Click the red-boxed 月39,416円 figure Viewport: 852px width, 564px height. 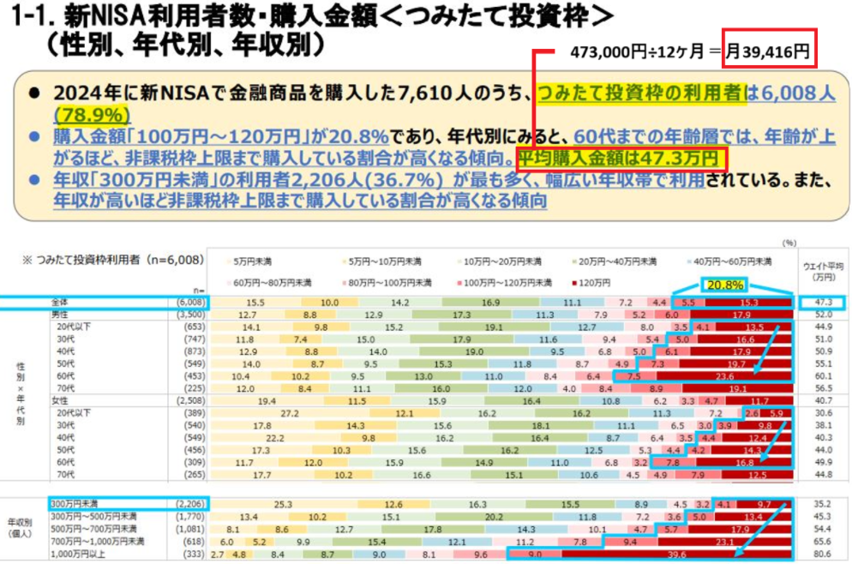(x=769, y=50)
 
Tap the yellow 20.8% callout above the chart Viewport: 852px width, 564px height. (x=724, y=284)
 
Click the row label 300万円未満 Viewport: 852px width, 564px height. (x=75, y=504)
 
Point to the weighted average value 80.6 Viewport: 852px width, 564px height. (x=822, y=555)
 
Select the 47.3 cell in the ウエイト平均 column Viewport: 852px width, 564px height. (x=822, y=303)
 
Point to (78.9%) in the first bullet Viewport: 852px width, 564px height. (x=92, y=115)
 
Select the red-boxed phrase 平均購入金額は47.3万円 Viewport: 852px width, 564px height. (x=621, y=158)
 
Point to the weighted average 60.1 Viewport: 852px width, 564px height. (x=822, y=375)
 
